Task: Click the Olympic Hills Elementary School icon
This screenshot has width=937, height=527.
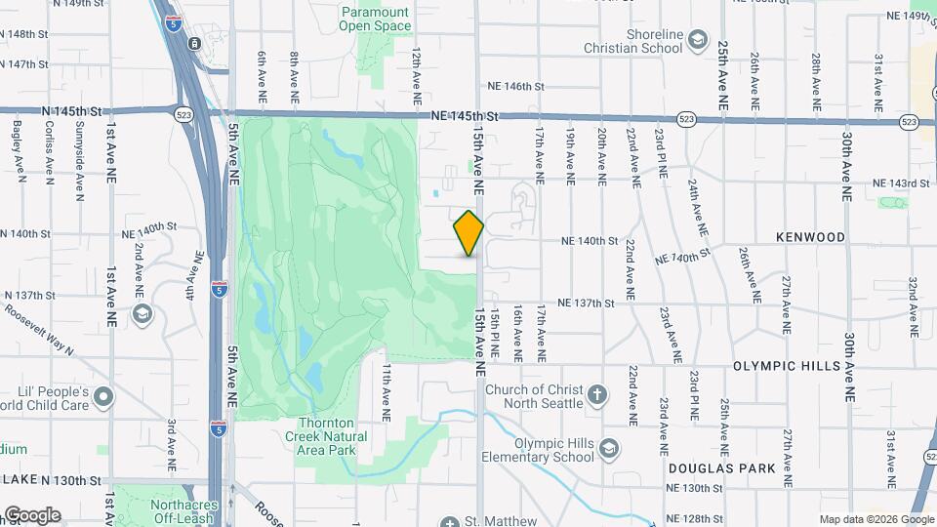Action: pos(609,448)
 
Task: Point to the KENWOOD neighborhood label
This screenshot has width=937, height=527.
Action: pos(810,237)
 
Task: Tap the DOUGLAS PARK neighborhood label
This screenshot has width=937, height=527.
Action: pos(722,468)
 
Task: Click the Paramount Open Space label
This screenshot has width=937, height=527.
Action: pos(375,19)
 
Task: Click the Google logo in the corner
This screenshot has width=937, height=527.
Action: pos(31,514)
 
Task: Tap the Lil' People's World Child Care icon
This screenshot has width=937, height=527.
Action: pos(104,397)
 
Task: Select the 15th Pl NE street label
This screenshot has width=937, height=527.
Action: pos(495,332)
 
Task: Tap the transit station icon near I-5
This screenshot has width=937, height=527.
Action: pos(195,44)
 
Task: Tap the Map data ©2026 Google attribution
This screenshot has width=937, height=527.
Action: pos(876,519)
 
